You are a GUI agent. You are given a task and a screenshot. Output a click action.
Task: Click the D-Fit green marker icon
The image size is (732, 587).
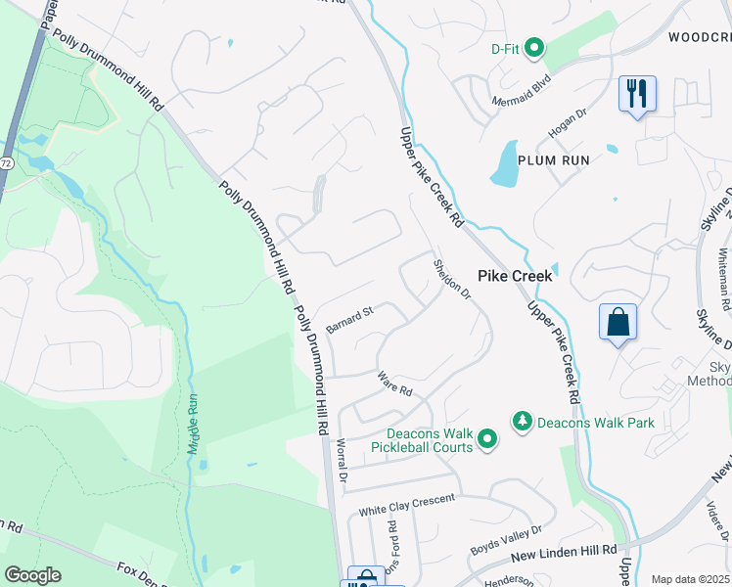pyautogui.click(x=534, y=47)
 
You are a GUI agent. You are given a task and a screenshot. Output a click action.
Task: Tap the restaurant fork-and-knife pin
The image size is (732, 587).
pyautogui.click(x=637, y=94)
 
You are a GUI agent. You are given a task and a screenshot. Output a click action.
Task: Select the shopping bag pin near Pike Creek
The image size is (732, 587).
pyautogui.click(x=618, y=322)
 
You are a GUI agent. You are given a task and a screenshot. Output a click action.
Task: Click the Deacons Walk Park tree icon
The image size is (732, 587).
pyautogui.click(x=523, y=421)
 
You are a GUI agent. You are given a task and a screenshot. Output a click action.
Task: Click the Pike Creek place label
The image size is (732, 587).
pyautogui.click(x=515, y=277)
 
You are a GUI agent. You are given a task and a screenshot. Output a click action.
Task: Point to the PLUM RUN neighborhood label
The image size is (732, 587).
pyautogui.click(x=553, y=160)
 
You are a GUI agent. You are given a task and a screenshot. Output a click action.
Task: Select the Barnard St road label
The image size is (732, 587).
pyautogui.click(x=350, y=320)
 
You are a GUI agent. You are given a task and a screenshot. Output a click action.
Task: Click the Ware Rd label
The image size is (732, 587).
pyautogui.click(x=395, y=384)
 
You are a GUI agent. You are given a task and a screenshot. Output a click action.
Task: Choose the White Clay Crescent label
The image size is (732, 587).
pyautogui.click(x=406, y=505)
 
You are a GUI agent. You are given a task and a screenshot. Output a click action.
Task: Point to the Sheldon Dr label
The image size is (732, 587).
pyautogui.click(x=453, y=281)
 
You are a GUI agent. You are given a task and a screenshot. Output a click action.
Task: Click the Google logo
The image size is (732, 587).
pyautogui.click(x=32, y=574)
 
